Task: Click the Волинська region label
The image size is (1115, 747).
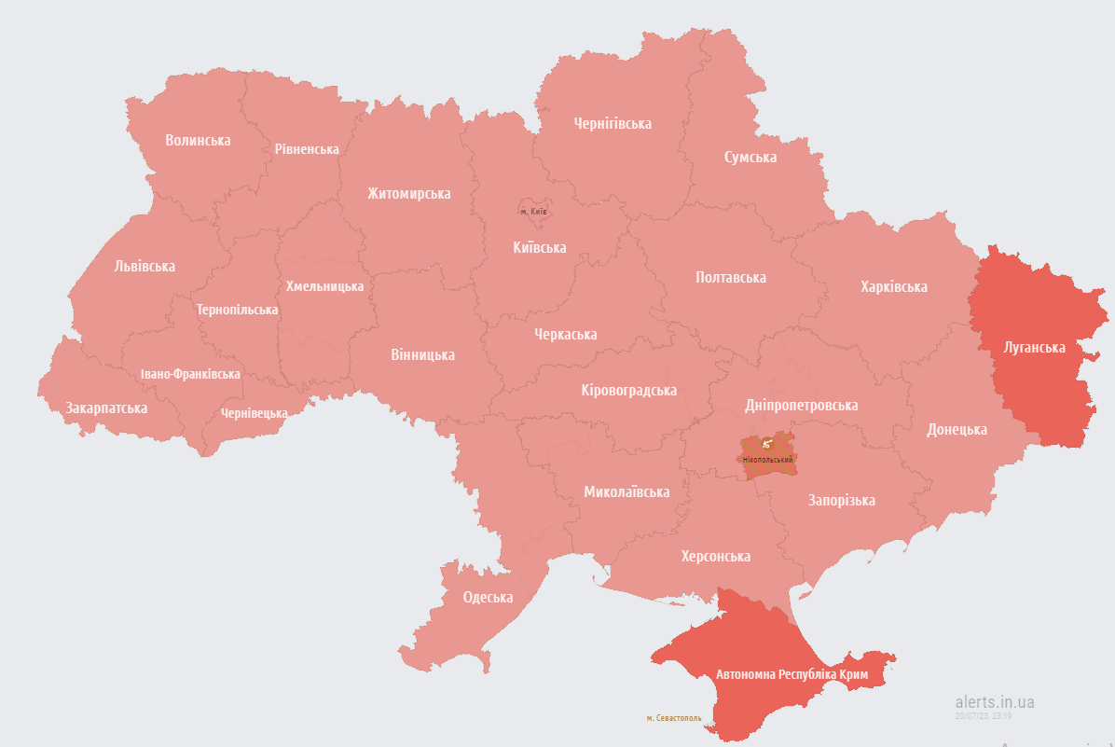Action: [198, 140]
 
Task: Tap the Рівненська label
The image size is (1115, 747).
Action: [307, 149]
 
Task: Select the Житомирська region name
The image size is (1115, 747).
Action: [408, 194]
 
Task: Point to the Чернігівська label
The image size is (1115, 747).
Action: [613, 123]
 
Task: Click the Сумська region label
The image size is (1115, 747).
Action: [750, 157]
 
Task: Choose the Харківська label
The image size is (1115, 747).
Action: [893, 286]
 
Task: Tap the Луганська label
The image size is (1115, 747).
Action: [1034, 348]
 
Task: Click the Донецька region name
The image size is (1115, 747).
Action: [957, 430]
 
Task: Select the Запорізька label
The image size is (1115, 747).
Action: [841, 501]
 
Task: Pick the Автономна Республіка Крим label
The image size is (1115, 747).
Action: [792, 674]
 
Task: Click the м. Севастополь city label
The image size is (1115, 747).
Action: [674, 718]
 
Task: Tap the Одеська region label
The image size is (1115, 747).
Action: [488, 598]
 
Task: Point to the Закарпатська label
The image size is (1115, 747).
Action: [106, 408]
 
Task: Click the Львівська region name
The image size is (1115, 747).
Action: [145, 267]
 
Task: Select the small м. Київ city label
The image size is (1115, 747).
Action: [533, 212]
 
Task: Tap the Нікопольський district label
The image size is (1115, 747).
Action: [767, 460]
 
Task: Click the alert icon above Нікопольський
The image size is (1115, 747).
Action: [766, 444]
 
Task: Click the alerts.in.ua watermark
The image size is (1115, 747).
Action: [995, 702]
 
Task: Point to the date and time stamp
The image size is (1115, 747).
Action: [984, 716]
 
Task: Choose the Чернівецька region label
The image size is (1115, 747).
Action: [255, 413]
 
